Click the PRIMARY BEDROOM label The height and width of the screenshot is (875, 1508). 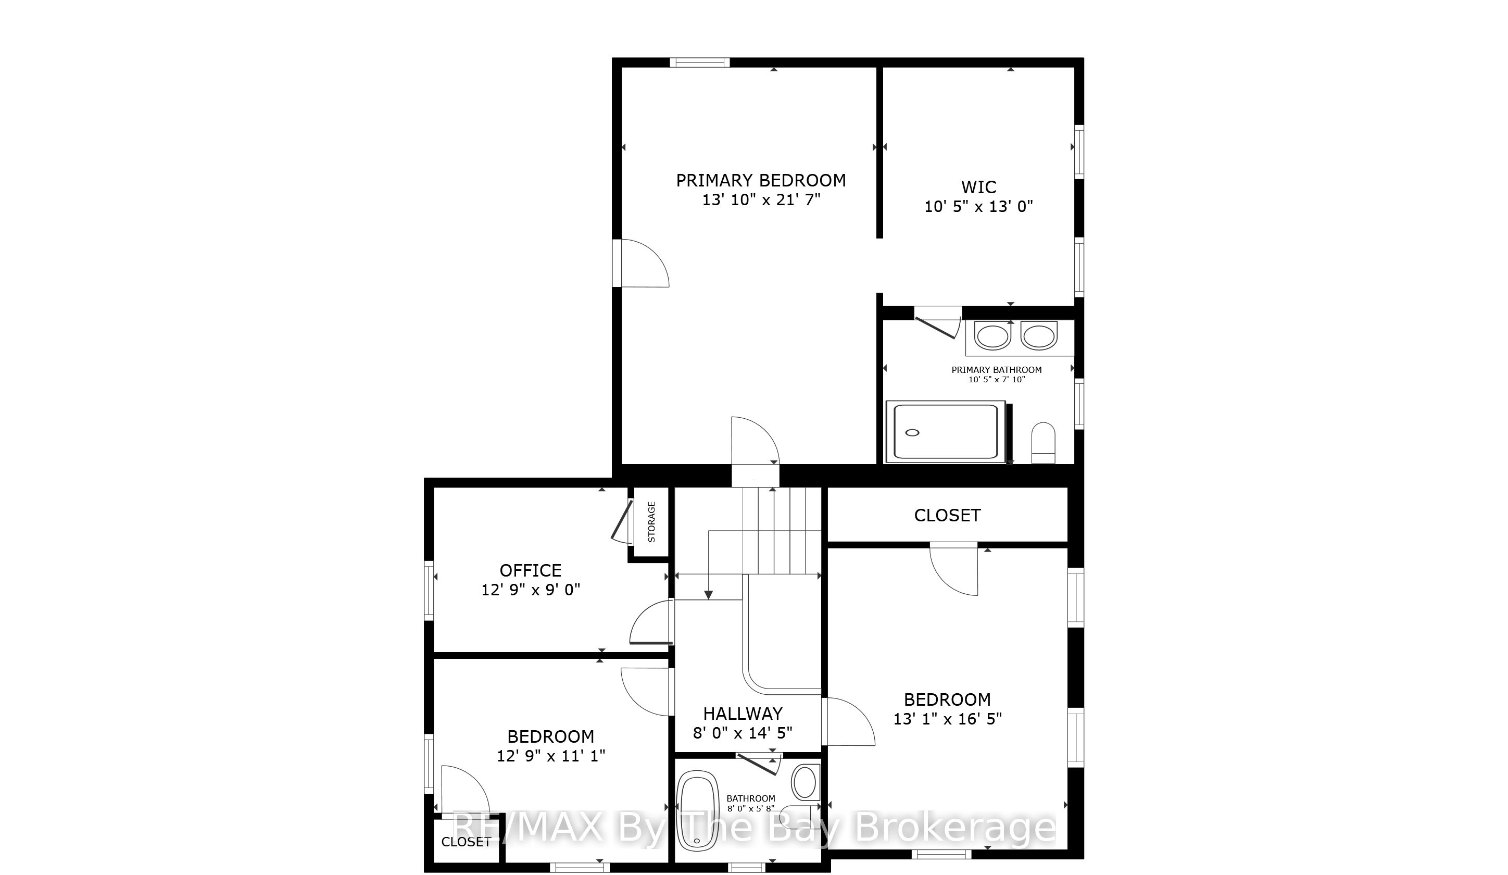(x=761, y=180)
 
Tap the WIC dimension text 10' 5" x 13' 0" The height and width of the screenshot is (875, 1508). (x=979, y=206)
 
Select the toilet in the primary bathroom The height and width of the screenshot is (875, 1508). (x=1044, y=443)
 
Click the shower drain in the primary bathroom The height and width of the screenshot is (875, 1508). (x=913, y=433)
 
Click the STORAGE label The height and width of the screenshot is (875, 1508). (x=651, y=522)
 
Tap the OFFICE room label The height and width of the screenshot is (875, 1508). (x=531, y=570)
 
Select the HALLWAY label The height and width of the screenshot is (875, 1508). (x=743, y=714)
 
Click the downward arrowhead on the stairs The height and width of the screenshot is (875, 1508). (x=709, y=595)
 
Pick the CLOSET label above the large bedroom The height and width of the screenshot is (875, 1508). (x=947, y=515)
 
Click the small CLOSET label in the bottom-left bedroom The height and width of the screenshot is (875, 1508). (x=466, y=842)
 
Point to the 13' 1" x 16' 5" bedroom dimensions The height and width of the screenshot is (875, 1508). (x=947, y=719)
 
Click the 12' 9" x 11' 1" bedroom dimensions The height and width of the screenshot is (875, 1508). (x=550, y=756)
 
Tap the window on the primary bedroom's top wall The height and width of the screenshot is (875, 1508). (x=699, y=63)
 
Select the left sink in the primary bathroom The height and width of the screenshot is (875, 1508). (x=993, y=336)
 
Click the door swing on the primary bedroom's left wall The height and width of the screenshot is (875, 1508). (x=645, y=264)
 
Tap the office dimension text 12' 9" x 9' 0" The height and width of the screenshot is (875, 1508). (x=531, y=590)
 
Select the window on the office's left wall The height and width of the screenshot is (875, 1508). (x=429, y=590)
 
